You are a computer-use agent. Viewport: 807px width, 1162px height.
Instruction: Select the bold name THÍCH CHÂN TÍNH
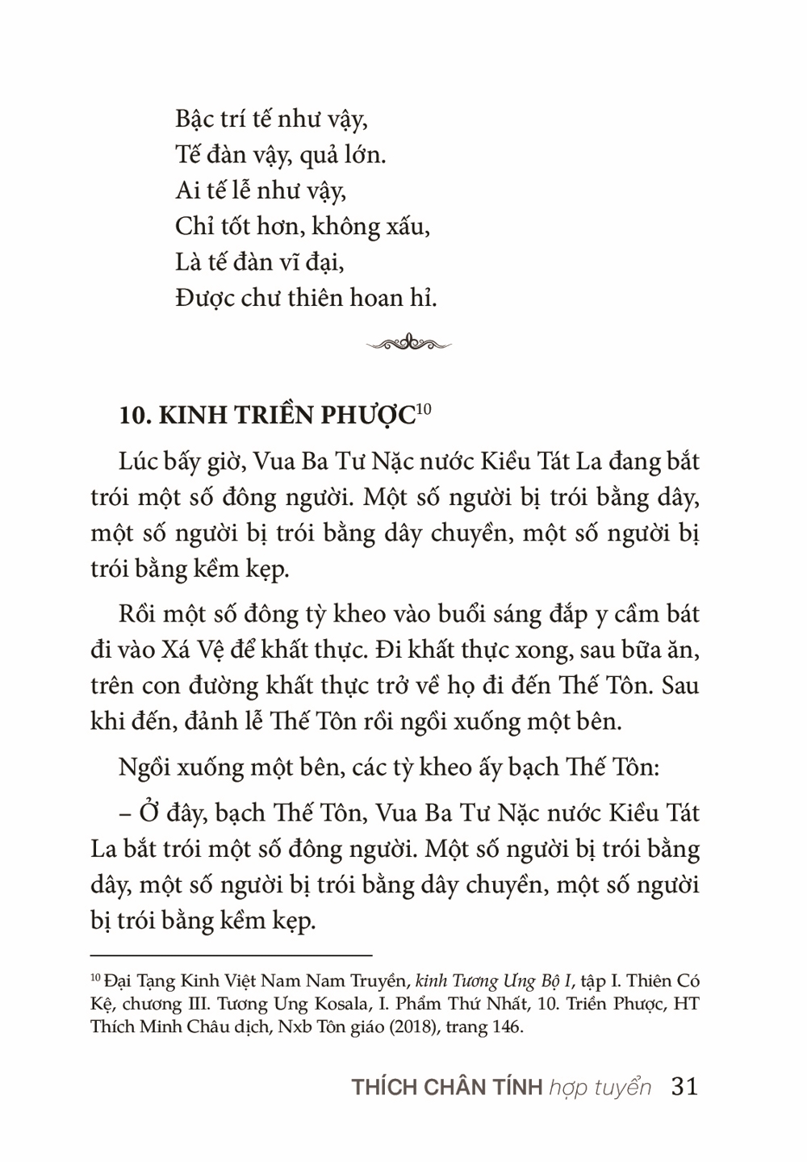tap(447, 1087)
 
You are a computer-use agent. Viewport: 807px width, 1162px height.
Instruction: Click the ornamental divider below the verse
tap(408, 343)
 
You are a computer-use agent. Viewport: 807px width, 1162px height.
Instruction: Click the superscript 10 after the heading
tap(425, 410)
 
